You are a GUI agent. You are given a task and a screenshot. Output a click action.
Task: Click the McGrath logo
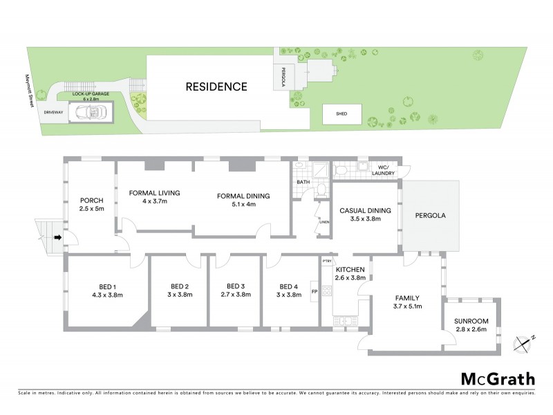click(x=497, y=378)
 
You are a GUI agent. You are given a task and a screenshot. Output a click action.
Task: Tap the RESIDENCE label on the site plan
click(x=216, y=86)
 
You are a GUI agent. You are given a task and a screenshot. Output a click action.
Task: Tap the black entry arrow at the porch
click(x=58, y=238)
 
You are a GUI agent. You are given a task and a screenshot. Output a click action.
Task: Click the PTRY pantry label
click(x=327, y=261)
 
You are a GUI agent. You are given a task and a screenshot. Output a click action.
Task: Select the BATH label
click(x=303, y=182)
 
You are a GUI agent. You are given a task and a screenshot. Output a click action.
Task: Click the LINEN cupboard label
click(x=323, y=222)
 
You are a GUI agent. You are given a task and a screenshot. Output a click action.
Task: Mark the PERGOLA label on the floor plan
click(x=430, y=215)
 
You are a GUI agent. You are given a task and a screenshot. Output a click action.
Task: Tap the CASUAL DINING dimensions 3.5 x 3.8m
click(x=366, y=219)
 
